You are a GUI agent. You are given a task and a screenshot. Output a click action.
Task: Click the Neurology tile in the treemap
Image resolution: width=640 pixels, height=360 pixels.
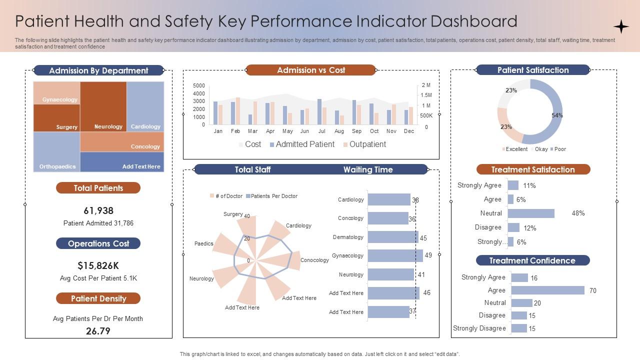point(103,106)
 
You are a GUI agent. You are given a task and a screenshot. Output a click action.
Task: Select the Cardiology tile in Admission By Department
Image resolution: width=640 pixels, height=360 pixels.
point(145,106)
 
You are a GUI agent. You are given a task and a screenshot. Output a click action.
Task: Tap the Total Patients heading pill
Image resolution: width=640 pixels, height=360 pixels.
point(98,188)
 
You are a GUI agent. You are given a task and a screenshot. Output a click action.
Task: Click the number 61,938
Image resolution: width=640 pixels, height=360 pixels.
point(98,210)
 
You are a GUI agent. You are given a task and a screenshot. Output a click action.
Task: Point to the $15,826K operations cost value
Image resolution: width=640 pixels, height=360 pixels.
point(98,265)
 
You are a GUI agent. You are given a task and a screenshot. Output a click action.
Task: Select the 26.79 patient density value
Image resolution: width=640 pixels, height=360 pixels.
point(98,331)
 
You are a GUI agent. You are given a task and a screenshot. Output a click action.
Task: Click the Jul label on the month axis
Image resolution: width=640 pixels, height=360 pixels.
point(321,131)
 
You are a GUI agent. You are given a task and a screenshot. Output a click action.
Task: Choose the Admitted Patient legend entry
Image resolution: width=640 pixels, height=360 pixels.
point(302,144)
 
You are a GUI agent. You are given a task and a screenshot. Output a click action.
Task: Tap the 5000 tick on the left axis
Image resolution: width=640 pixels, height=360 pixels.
point(199,85)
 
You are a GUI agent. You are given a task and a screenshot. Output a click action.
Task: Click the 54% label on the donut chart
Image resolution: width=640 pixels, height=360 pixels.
point(557,115)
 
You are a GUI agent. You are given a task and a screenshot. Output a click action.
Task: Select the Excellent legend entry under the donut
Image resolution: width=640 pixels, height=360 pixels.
point(515,149)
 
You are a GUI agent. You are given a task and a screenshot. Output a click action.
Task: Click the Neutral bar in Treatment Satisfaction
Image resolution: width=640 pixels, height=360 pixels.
point(531,213)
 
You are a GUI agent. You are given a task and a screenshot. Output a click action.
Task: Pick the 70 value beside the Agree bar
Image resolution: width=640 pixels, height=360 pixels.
point(592,290)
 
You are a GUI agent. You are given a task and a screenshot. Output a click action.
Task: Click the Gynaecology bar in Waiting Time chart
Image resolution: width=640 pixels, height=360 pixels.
point(395,255)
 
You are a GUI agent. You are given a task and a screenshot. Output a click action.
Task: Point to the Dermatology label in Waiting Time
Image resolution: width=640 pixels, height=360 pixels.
point(348,237)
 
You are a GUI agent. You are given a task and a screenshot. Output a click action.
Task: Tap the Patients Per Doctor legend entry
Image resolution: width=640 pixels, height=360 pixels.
point(272,196)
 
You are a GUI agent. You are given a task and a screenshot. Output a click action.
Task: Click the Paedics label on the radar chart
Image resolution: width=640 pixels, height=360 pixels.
point(204,243)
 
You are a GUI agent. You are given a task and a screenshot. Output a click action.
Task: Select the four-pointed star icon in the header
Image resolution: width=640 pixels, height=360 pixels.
point(621,26)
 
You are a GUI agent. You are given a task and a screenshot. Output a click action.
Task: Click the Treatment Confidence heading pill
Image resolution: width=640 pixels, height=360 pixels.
point(532,260)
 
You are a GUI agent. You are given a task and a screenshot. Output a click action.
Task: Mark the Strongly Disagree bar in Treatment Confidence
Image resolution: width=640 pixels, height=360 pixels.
point(519,328)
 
